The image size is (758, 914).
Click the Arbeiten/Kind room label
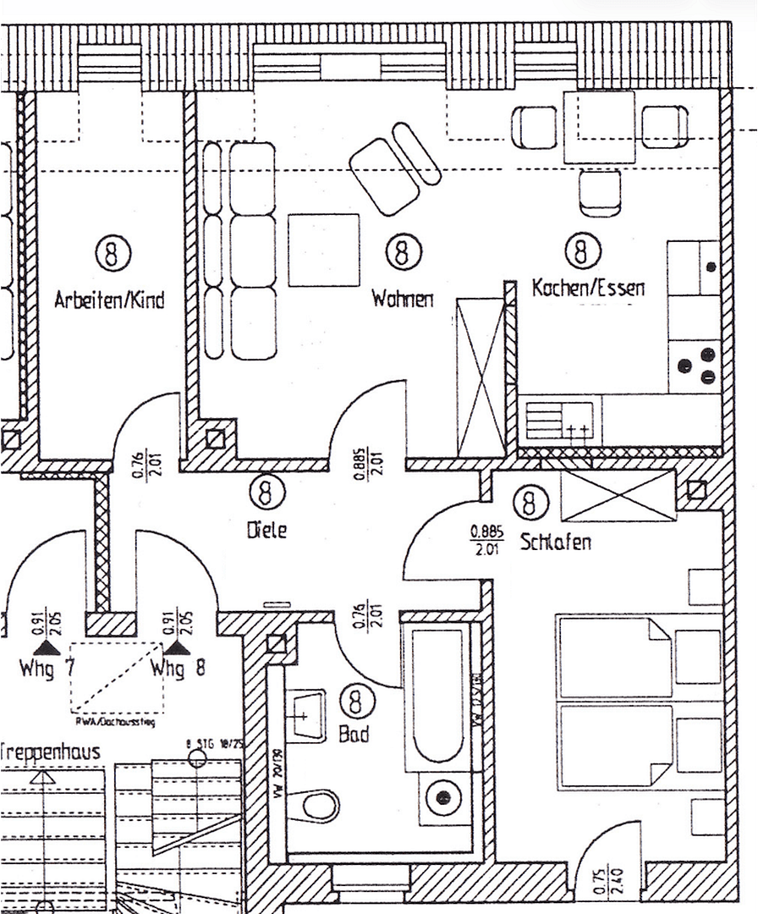(109, 300)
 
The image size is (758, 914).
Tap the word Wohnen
(403, 299)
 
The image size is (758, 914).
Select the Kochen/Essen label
(588, 288)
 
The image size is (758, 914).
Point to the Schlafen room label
(556, 542)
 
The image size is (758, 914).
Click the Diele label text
(266, 531)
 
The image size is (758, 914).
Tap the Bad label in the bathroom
(354, 735)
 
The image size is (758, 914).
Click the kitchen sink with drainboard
(558, 420)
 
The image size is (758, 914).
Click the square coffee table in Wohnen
(324, 250)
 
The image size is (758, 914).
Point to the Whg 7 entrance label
(48, 670)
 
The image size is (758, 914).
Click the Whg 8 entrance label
(178, 670)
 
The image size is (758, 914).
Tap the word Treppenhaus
(51, 752)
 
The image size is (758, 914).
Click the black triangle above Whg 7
(51, 647)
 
